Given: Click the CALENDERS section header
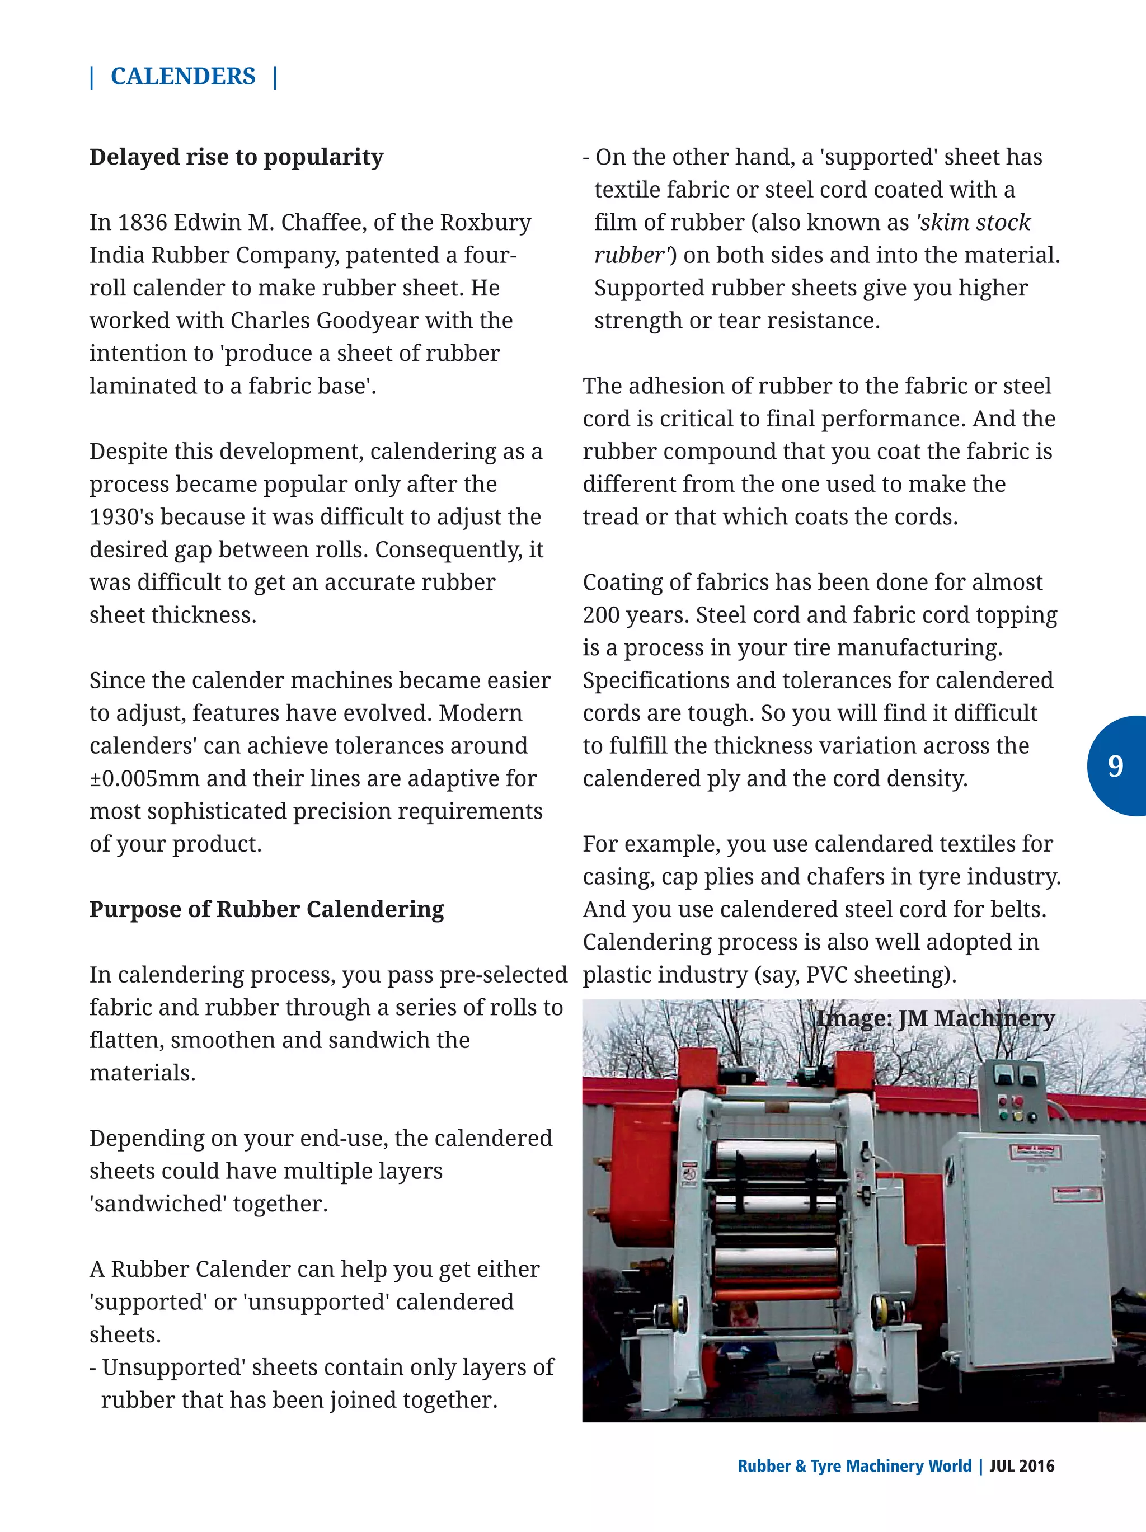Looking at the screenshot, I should point(183,76).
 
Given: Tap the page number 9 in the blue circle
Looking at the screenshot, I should point(1115,766).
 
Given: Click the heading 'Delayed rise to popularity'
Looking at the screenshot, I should point(236,157).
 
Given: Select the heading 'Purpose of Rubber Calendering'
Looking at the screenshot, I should point(266,909).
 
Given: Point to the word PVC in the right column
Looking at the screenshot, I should point(827,975).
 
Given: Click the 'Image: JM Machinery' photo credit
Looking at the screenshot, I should point(935,1018).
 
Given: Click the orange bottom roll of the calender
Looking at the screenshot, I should point(777,1294).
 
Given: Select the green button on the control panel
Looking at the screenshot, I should point(1003,1116).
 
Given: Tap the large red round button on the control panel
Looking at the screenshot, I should point(1018,1101).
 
